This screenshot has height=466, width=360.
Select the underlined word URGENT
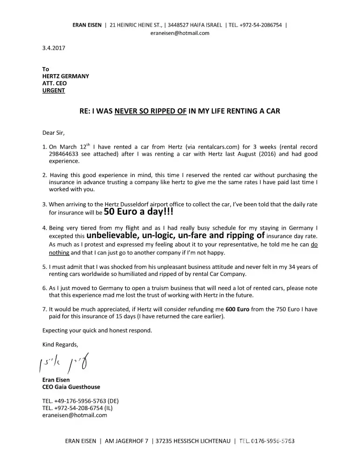pos(54,90)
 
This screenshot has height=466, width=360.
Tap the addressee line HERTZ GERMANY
pos(66,76)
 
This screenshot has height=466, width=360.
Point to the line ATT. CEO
pos(54,83)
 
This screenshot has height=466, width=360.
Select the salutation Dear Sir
pos(54,132)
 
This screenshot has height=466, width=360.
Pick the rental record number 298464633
pos(65,154)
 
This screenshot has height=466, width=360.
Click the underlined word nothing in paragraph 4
pos(59,253)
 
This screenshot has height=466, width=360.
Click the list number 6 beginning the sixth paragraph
pos(44,288)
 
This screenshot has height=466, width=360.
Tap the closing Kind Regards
pos(61,344)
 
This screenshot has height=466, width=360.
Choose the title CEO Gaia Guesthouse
pos(71,387)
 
